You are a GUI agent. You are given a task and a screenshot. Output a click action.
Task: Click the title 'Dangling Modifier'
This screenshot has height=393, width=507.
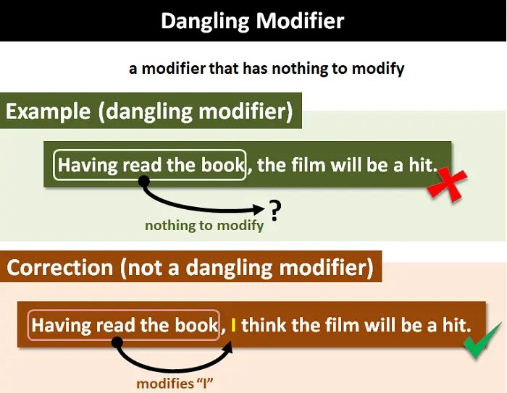click(x=253, y=20)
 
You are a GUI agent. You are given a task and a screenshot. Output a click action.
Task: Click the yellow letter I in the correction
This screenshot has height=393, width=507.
click(x=234, y=325)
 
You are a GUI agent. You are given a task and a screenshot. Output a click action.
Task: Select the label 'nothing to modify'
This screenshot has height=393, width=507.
click(x=204, y=226)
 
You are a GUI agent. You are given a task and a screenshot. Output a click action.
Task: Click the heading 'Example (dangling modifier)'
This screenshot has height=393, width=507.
click(x=149, y=111)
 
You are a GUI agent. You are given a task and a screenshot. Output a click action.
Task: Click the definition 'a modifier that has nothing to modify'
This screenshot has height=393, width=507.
click(x=267, y=69)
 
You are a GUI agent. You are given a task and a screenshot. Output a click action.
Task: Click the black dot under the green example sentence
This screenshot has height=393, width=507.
click(x=144, y=180)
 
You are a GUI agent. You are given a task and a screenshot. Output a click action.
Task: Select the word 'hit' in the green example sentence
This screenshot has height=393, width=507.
click(x=422, y=165)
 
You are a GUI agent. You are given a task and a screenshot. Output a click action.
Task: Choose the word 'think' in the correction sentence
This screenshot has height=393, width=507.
click(x=265, y=325)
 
